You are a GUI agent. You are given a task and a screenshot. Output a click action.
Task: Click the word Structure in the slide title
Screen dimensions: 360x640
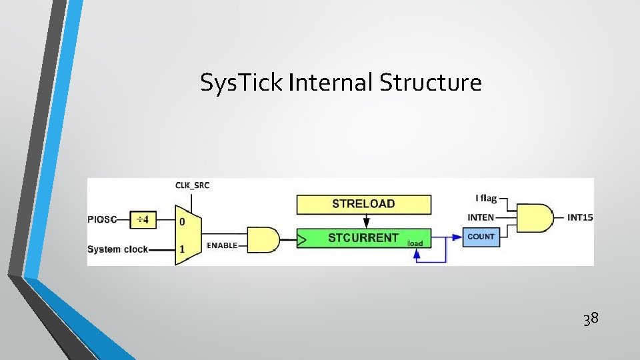(x=431, y=83)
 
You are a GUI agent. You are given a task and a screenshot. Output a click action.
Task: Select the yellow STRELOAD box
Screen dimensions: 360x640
(x=363, y=204)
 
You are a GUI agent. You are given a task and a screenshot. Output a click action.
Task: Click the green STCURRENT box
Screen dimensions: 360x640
(x=363, y=238)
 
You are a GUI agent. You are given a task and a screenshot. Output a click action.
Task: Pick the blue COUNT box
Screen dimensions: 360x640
(x=481, y=237)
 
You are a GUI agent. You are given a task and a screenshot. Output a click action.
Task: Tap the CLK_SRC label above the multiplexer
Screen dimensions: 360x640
(x=192, y=185)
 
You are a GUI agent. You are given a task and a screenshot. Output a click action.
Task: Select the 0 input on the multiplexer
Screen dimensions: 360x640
(x=181, y=220)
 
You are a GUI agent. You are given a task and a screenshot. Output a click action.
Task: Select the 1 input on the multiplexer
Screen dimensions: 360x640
(x=181, y=249)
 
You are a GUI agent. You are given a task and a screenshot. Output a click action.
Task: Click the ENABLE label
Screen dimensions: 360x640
(x=222, y=246)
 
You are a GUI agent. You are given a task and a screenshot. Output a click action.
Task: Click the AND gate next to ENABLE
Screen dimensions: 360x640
(x=263, y=239)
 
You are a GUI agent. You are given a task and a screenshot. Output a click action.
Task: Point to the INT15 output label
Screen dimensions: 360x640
(x=579, y=217)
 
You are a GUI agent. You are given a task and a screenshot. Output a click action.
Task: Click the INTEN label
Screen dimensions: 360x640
(x=481, y=217)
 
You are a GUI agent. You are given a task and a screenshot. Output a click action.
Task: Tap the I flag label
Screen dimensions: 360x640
(x=485, y=199)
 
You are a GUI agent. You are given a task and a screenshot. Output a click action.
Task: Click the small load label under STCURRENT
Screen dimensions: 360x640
(x=415, y=243)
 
